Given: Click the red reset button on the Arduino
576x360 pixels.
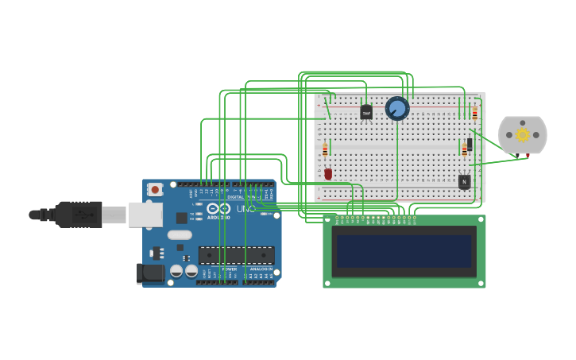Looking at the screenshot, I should (155, 190).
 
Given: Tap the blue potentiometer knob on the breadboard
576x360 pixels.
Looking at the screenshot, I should (397, 108).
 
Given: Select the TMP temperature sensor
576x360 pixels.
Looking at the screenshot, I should (366, 113).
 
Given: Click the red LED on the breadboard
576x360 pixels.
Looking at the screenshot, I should (328, 173).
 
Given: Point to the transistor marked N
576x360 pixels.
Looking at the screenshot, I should (464, 182).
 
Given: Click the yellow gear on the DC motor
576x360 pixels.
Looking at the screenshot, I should (523, 134).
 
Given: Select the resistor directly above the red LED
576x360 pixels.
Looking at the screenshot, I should (325, 149).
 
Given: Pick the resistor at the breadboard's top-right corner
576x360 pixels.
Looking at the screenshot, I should (475, 113).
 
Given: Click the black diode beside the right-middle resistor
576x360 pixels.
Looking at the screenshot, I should (470, 144).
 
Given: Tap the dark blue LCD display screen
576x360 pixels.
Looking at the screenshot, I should (404, 251).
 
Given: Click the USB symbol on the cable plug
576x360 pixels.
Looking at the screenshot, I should (79, 215).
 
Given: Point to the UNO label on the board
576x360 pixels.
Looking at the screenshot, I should (245, 209).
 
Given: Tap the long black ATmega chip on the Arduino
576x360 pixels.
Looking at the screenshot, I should (236, 255).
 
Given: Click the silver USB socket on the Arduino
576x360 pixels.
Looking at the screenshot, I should (145, 215).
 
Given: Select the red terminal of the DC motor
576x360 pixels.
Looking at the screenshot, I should (527, 156).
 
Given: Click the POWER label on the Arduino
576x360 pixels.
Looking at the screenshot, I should (229, 269).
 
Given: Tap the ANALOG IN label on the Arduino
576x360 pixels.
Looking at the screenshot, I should (261, 269).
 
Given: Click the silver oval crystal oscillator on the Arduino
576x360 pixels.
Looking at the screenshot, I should (180, 234).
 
